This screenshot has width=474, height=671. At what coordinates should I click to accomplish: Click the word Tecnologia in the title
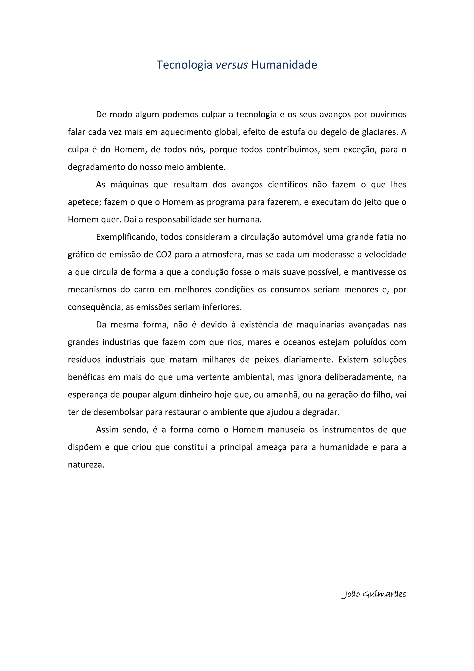click(x=184, y=65)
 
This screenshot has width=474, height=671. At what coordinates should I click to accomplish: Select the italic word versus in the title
click(x=232, y=65)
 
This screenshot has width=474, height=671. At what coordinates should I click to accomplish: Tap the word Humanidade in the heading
click(x=284, y=65)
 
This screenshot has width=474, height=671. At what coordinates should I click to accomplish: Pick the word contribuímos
click(x=292, y=150)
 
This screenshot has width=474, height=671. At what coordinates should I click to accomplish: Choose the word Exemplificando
click(x=126, y=237)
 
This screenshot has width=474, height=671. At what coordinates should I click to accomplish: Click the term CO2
click(x=164, y=254)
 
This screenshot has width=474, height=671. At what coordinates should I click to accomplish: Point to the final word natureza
click(x=86, y=465)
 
